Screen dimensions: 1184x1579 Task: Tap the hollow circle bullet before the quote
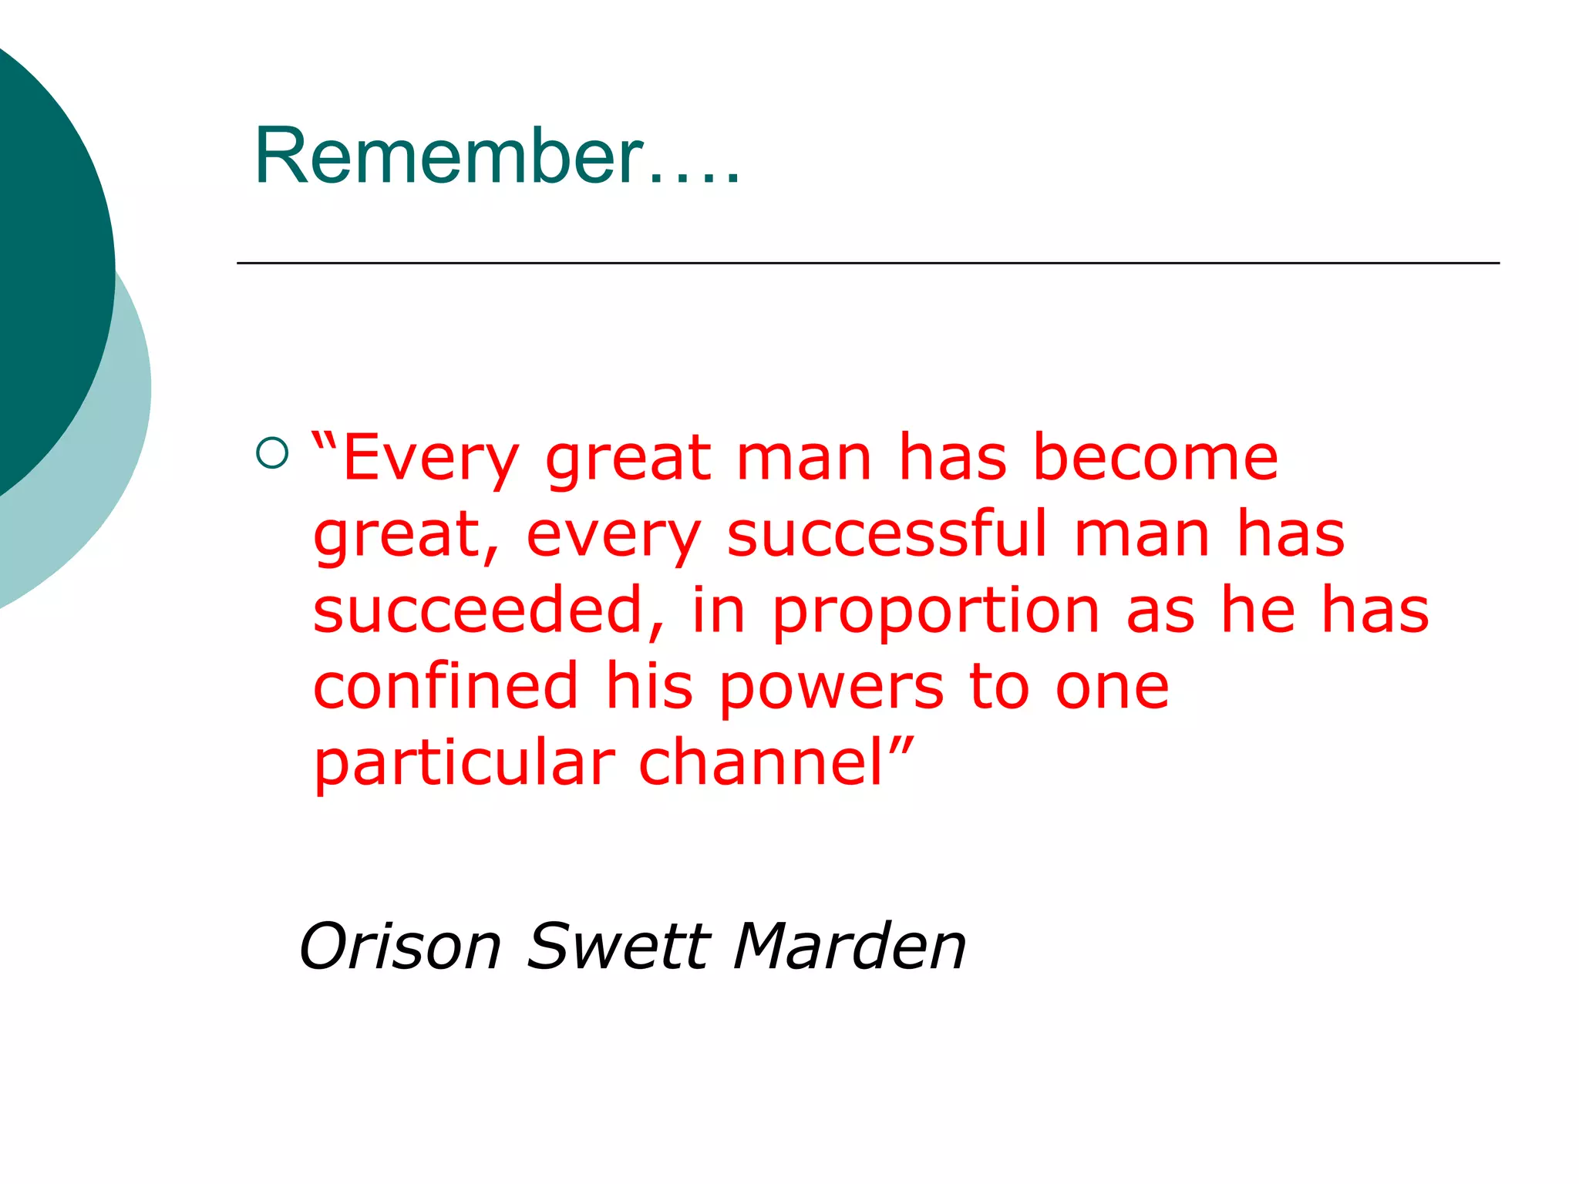[x=271, y=453]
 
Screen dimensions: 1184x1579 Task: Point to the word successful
[x=887, y=533]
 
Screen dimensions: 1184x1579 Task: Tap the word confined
[x=446, y=685]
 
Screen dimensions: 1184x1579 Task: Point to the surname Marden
[x=849, y=946]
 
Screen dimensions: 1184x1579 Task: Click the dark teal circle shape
[x=46, y=254]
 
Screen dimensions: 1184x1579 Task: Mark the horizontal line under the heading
[x=867, y=263]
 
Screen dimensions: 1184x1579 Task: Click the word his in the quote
[x=649, y=685]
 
